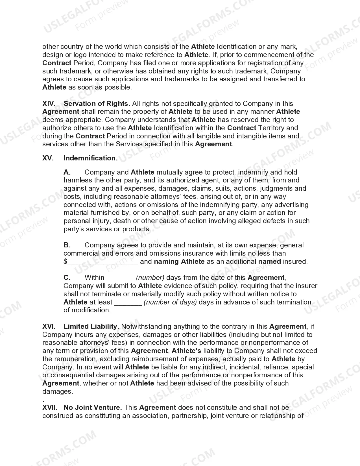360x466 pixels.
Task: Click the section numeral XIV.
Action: coord(49,104)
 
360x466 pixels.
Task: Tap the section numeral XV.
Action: coord(48,158)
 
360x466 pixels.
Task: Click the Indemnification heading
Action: coord(91,158)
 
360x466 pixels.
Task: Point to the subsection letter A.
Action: coord(67,172)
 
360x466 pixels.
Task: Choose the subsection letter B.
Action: coord(67,245)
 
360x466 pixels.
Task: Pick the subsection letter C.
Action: coord(67,278)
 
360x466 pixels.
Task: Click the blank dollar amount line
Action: coord(103,262)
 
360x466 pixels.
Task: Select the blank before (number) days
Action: coord(120,278)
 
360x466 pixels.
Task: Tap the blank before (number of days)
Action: coord(128,303)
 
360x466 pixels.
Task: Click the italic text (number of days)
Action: coord(170,302)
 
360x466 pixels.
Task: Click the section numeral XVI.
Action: coord(49,326)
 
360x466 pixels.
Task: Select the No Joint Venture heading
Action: coord(93,408)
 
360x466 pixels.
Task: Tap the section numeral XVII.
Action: coord(50,408)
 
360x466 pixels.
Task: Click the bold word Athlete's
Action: coord(186,351)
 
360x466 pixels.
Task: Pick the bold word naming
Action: coord(167,262)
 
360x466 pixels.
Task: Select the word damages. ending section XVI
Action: coord(58,391)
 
